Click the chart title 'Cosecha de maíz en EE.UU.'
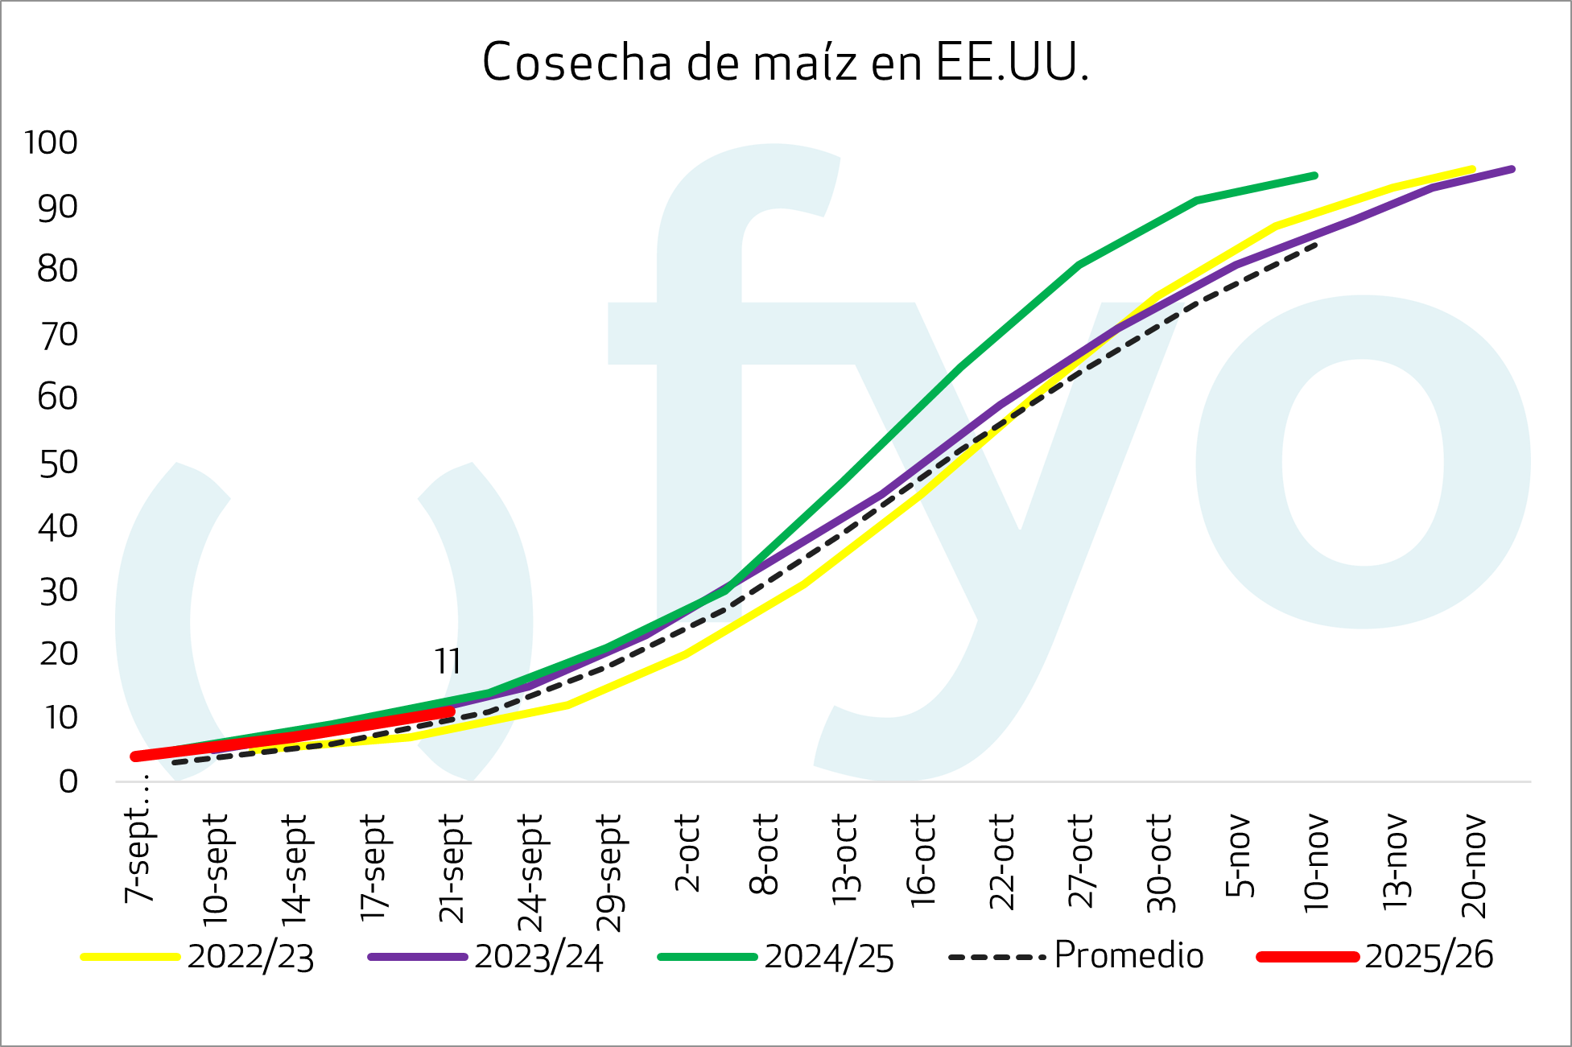[x=786, y=63]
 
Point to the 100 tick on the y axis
[x=52, y=143]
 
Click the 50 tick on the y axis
[x=58, y=463]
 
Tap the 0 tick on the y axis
[x=68, y=781]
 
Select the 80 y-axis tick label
[x=58, y=270]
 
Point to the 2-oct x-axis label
[x=688, y=853]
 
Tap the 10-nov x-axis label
[x=1317, y=864]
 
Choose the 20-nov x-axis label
[x=1474, y=866]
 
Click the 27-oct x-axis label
[x=1081, y=861]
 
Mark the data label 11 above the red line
[x=448, y=662]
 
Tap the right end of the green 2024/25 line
[x=1314, y=175]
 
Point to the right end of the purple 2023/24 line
[x=1512, y=169]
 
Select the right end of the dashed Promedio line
[x=1314, y=245]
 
